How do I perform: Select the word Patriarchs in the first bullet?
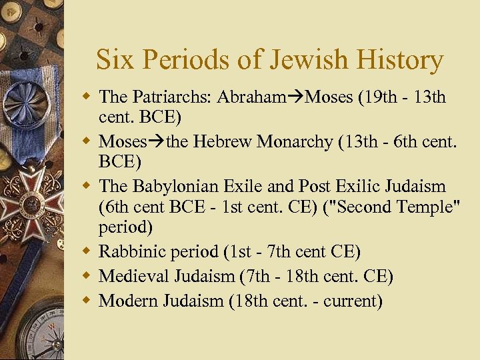[163, 97]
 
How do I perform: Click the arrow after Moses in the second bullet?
[157, 142]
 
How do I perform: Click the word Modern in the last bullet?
[129, 300]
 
